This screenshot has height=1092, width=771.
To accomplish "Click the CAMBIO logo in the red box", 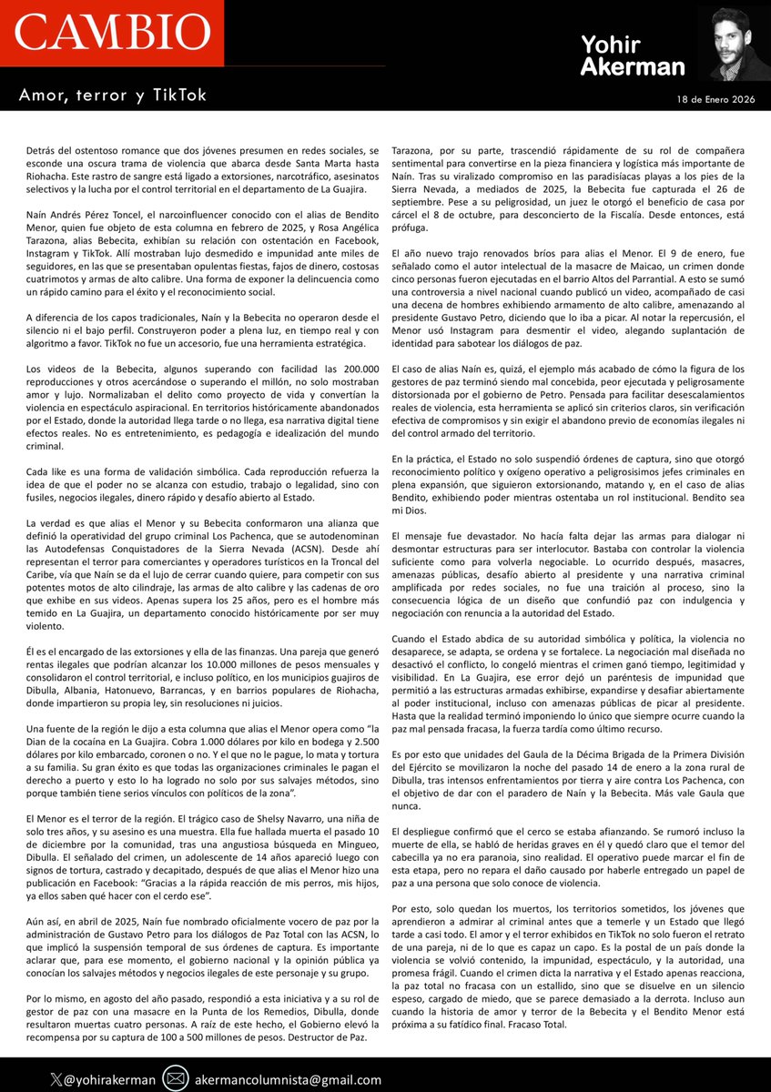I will coord(111,34).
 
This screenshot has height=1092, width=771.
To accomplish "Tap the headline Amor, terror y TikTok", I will coord(114,95).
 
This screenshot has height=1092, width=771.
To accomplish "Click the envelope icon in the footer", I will coord(177,1079).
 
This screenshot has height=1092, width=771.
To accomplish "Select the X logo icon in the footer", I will coord(56,1079).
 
